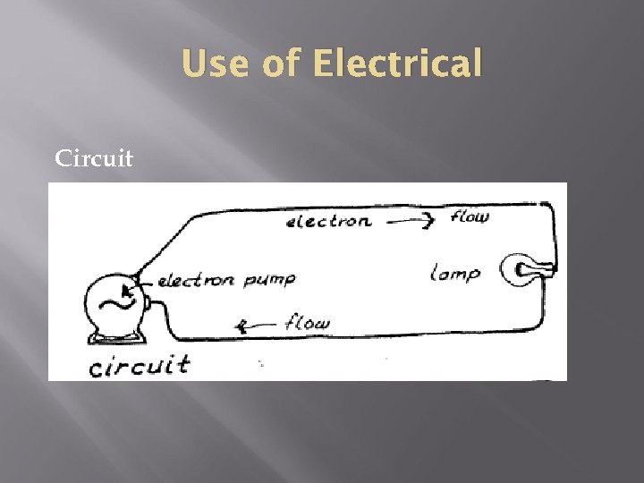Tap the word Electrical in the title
[399, 64]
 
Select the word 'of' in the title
[278, 64]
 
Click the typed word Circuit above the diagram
[94, 159]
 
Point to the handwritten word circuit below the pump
[139, 364]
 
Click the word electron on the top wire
[328, 221]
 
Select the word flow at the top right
[470, 216]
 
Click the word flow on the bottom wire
[307, 323]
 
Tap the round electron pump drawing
[116, 304]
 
